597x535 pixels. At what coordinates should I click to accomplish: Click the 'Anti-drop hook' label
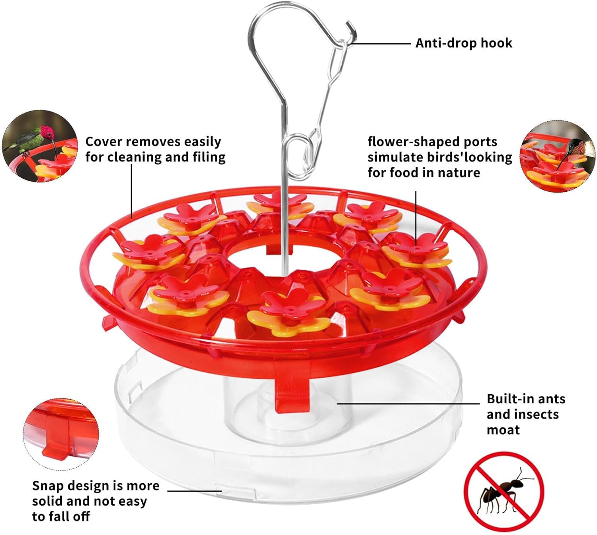point(464,43)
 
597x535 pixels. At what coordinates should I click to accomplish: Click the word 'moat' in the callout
point(503,430)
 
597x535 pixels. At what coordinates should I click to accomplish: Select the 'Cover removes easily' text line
point(153,142)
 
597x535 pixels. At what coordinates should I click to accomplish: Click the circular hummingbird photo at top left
point(40,146)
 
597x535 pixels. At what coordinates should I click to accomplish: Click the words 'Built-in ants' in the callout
point(526,399)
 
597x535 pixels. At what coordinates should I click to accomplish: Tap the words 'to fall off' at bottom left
point(61,517)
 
